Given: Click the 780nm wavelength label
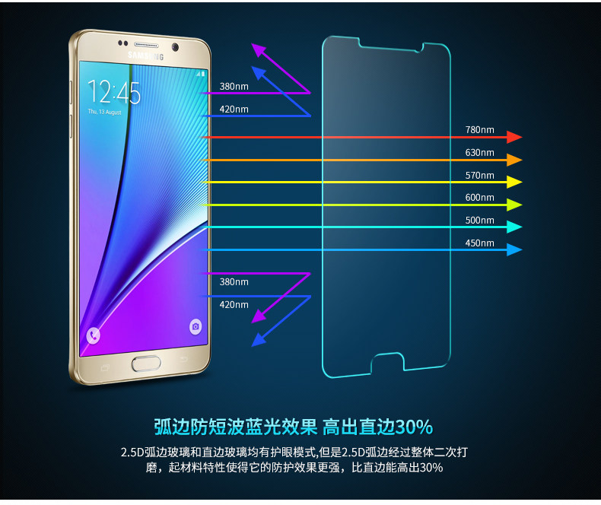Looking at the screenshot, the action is pos(479,129).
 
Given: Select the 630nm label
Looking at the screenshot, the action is pos(479,152).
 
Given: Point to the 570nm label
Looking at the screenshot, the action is pos(479,175).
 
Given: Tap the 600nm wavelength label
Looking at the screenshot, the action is pos(479,198).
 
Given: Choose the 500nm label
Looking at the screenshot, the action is pos(479,221).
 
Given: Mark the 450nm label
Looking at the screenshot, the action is pos(479,243).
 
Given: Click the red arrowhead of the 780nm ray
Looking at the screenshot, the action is pos(515,137).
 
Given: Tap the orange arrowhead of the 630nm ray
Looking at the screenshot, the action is pos(515,160).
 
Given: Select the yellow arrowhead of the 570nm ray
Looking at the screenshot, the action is pos(515,182).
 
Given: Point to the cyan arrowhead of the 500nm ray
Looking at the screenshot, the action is pos(515,227).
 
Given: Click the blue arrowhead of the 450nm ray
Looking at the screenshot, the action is pos(515,249).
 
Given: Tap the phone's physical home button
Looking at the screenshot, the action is pos(145,363).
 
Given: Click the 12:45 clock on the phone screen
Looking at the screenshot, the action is pos(113,93).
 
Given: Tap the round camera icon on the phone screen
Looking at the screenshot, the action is pos(196,326).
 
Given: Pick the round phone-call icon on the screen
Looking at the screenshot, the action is pos(93,335).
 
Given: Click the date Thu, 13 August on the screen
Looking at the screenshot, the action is pos(104,111).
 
